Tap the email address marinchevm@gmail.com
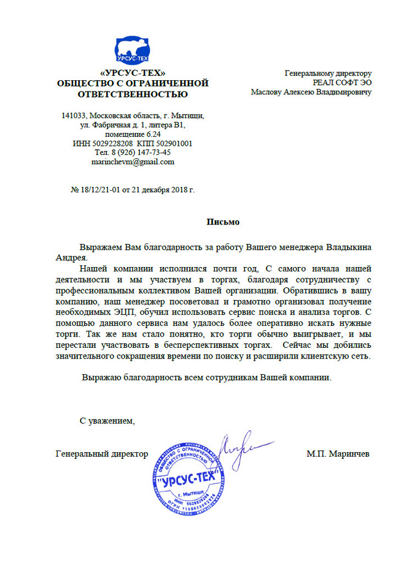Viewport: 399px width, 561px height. point(133,162)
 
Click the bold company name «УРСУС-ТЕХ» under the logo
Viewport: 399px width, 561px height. point(132,73)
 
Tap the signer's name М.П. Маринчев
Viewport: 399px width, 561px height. point(338,453)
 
